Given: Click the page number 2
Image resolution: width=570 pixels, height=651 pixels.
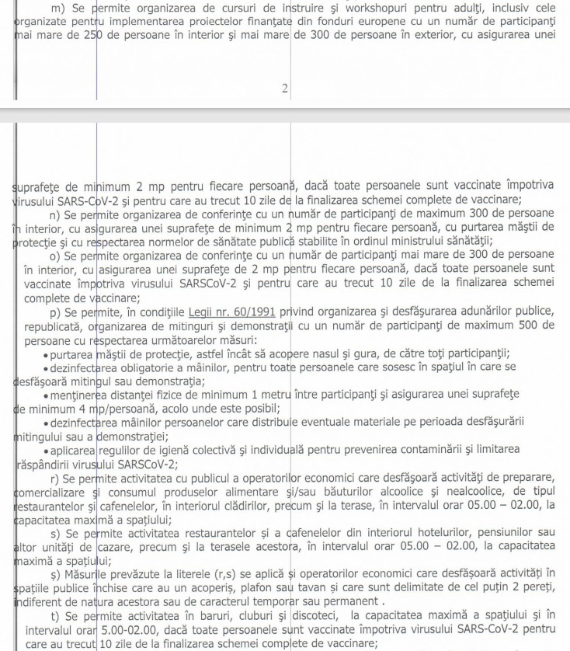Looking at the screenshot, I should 285,89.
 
